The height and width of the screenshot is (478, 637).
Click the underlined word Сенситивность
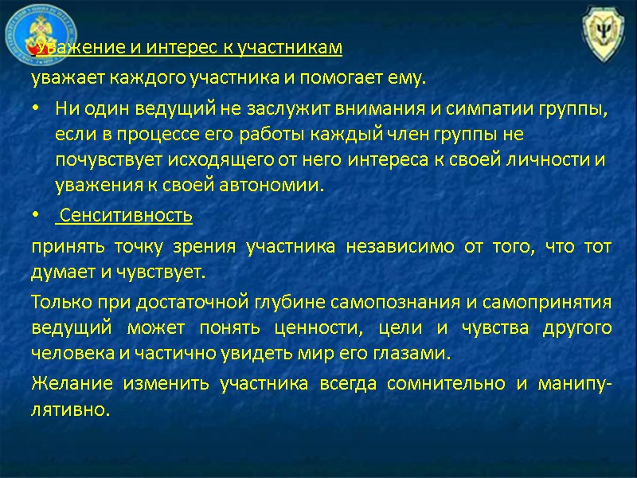[x=127, y=215]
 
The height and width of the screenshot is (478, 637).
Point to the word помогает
[x=307, y=79]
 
